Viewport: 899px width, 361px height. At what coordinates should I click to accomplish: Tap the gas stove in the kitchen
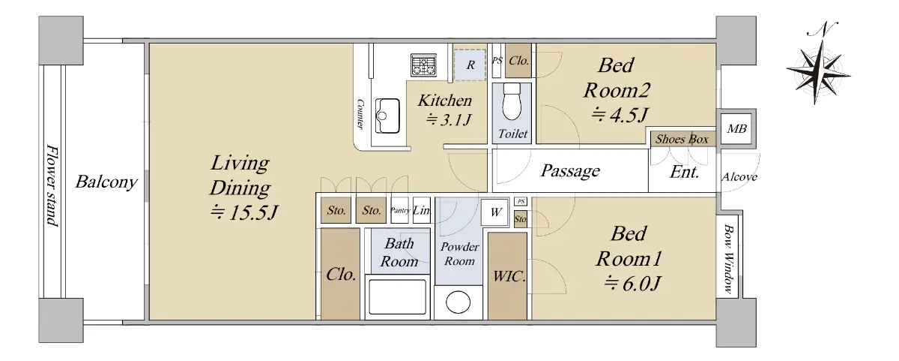coord(423,65)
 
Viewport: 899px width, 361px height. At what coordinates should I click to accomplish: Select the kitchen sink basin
coord(387,116)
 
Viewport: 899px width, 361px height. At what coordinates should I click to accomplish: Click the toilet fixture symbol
coord(511,102)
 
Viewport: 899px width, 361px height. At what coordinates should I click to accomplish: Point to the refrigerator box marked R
coord(470,65)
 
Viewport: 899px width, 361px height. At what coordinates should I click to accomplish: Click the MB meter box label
coord(736,129)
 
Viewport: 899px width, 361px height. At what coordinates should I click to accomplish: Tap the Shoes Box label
coord(682,140)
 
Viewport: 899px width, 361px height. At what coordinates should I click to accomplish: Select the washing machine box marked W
coord(496,212)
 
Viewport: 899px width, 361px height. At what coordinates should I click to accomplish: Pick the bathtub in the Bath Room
coord(397,296)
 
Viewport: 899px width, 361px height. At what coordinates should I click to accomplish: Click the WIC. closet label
coord(509,277)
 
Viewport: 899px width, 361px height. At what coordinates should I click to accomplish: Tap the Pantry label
coord(400,210)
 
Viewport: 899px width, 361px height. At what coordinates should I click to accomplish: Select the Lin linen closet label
coord(421,210)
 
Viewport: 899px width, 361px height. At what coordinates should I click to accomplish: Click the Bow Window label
coord(728,258)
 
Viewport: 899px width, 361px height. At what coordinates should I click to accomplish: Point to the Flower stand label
coord(52,185)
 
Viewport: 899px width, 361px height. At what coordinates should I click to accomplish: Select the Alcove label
coord(739,177)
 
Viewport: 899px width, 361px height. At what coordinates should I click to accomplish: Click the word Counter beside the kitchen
coord(360,115)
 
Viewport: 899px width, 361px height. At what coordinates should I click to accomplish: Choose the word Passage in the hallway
coord(570,171)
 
